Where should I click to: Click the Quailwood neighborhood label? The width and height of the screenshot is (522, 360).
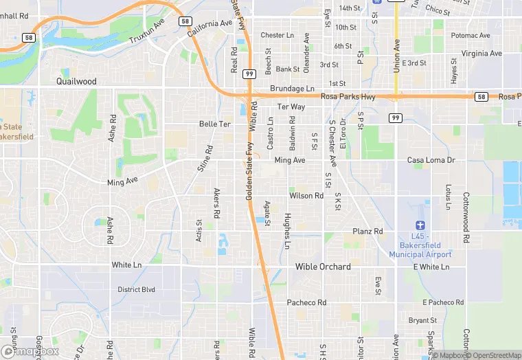[x=76, y=81]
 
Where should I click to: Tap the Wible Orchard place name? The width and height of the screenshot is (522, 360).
[x=323, y=267]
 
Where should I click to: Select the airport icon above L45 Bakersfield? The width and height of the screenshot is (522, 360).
[x=421, y=225]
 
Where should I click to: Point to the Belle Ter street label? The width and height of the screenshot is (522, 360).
[x=214, y=124]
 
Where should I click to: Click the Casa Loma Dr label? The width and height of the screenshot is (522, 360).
[x=431, y=160]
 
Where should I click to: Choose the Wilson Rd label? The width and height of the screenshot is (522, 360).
[x=306, y=196]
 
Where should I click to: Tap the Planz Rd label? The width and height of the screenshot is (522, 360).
[x=367, y=232]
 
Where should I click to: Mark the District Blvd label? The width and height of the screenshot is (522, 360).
[x=137, y=290]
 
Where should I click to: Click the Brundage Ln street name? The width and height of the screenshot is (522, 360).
[x=291, y=89]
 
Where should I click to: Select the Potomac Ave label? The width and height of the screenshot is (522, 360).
[x=470, y=35]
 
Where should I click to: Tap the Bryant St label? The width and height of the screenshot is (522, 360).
[x=422, y=320]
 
